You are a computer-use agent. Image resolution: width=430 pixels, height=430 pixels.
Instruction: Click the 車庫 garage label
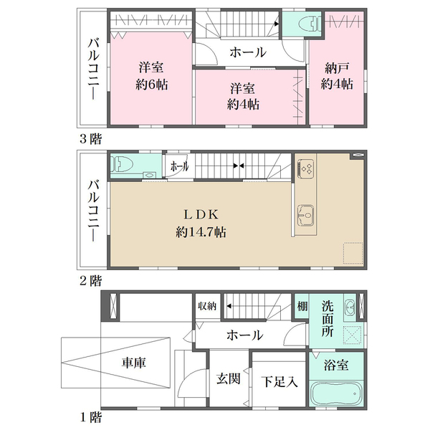(x=133, y=363)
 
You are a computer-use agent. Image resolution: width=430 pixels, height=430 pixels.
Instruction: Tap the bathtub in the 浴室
(x=337, y=393)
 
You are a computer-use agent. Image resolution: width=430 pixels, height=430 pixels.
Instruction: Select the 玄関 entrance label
(x=229, y=378)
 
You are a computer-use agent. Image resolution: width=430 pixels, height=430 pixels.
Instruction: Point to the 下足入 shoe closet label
(x=279, y=381)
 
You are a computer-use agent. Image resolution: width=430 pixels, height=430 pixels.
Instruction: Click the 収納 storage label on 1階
(x=207, y=306)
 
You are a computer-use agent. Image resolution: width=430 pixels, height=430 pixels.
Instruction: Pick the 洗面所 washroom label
(x=328, y=318)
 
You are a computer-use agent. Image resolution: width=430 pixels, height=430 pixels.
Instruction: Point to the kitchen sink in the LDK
(x=305, y=216)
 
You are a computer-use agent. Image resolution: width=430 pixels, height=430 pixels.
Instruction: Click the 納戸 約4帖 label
(x=337, y=76)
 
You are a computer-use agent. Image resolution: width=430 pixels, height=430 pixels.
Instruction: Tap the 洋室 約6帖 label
(x=151, y=76)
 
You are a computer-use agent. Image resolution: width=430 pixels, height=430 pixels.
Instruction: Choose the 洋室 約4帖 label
(x=243, y=97)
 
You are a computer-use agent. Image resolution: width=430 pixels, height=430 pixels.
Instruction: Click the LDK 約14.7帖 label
(x=201, y=224)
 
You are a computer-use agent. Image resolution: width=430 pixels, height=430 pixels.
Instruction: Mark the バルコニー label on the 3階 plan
(x=93, y=69)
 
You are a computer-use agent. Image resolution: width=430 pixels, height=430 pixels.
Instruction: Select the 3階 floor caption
(x=91, y=139)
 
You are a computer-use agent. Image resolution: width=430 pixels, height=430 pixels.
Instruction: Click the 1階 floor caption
(x=91, y=418)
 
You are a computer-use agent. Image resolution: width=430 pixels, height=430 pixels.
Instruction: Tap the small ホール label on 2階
(x=179, y=166)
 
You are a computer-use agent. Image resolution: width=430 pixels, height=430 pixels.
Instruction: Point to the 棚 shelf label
(x=302, y=306)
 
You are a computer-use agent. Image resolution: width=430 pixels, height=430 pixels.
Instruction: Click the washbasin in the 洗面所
(x=350, y=307)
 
